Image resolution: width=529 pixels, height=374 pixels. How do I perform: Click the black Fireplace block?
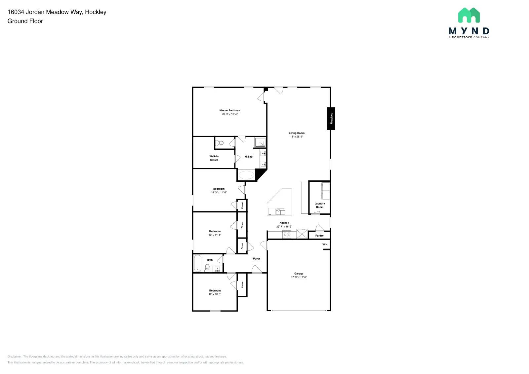pyautogui.click(x=331, y=118)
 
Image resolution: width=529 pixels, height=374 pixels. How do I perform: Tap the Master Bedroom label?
pyautogui.click(x=229, y=110)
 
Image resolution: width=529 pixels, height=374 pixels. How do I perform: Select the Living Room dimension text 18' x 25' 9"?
pyautogui.click(x=297, y=136)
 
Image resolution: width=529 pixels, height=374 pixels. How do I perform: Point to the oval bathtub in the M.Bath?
pyautogui.click(x=246, y=175)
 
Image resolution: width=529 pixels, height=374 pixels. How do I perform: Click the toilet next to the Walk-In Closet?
pyautogui.click(x=220, y=143)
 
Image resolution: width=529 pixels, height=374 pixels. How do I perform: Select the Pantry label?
pyautogui.click(x=319, y=236)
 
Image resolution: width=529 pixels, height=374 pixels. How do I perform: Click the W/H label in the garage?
pyautogui.click(x=325, y=244)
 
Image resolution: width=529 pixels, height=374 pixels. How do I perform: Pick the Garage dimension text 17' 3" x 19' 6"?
pyautogui.click(x=299, y=277)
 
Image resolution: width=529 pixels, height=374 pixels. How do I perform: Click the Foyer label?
pyautogui.click(x=257, y=259)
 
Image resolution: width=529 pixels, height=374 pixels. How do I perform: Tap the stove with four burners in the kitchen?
pyautogui.click(x=287, y=235)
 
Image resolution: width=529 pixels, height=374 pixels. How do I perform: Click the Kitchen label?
pyautogui.click(x=284, y=223)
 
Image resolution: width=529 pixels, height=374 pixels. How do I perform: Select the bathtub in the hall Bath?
pyautogui.click(x=198, y=263)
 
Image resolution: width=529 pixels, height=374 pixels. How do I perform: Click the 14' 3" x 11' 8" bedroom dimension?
pyautogui.click(x=219, y=192)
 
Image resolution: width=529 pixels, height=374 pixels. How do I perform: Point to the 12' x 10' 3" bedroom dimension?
pyautogui.click(x=215, y=294)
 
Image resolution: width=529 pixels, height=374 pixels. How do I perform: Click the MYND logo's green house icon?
pyautogui.click(x=469, y=15)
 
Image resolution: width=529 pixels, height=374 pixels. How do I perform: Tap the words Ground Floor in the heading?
pyautogui.click(x=25, y=21)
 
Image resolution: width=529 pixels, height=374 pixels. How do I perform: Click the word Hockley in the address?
pyautogui.click(x=96, y=12)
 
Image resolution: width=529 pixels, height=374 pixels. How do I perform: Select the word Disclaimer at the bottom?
pyautogui.click(x=15, y=356)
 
